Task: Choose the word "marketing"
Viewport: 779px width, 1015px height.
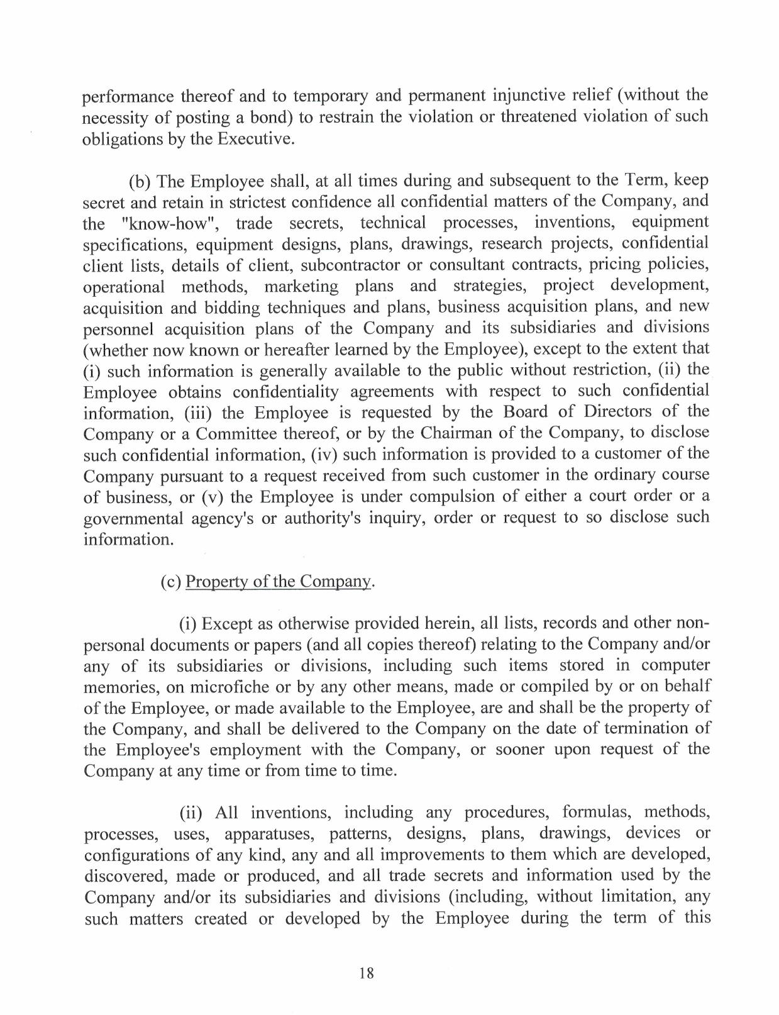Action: tap(301, 286)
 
